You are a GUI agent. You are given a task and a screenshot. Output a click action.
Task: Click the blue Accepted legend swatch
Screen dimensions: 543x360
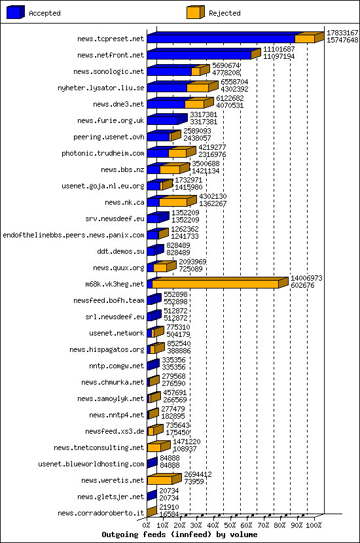click(15, 12)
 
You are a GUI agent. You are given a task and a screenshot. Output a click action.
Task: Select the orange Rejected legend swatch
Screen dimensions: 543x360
click(194, 12)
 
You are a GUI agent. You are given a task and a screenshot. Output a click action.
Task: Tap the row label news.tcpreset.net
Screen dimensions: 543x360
click(110, 39)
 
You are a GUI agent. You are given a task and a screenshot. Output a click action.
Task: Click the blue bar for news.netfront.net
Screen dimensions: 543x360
click(199, 55)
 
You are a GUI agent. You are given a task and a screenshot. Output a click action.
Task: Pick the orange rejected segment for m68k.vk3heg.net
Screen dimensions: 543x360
click(216, 284)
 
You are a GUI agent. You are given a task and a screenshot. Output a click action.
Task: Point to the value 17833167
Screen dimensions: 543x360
click(342, 33)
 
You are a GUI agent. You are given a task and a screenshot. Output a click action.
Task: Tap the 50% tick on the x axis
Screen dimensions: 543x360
click(230, 525)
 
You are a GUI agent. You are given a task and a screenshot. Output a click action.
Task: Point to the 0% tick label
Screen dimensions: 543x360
click(147, 525)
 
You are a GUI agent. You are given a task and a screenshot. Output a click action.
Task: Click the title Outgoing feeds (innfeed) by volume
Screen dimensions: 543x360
click(179, 534)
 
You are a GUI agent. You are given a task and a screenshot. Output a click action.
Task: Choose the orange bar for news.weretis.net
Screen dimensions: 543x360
click(161, 480)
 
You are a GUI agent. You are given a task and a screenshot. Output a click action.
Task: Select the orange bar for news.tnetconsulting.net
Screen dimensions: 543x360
click(154, 447)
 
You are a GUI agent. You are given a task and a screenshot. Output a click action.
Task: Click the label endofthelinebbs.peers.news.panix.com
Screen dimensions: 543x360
click(73, 236)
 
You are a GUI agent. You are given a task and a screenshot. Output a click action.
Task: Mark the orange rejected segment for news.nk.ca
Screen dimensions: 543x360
click(173, 202)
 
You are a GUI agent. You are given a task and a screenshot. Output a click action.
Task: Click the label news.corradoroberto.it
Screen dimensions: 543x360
click(101, 514)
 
